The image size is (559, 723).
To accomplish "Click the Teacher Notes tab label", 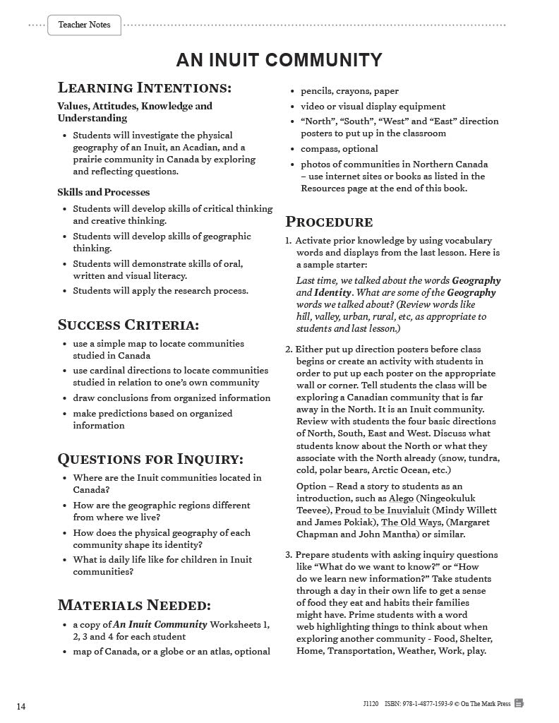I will click(x=84, y=25).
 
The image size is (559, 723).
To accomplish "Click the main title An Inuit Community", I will click(x=279, y=60).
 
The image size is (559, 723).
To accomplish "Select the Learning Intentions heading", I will click(x=144, y=88).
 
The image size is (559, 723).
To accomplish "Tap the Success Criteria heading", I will click(x=128, y=325).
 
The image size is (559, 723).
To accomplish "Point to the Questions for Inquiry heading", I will click(x=150, y=459).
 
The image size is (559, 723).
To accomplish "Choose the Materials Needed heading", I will click(x=133, y=605).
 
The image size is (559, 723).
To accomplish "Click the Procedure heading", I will click(x=328, y=222).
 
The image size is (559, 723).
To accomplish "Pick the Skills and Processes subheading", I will click(x=103, y=192).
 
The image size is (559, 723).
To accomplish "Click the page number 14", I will click(x=21, y=707).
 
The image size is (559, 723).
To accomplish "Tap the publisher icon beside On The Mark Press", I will click(x=519, y=703).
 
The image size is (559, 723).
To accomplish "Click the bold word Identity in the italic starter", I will click(x=332, y=293).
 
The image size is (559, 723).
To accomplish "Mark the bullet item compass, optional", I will click(x=339, y=149).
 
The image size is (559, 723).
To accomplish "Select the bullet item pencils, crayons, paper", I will click(x=349, y=91).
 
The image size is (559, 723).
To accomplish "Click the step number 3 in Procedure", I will click(x=289, y=555).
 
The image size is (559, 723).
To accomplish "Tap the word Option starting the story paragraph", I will click(x=311, y=486).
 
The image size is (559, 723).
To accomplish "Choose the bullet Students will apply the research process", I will click(x=160, y=291).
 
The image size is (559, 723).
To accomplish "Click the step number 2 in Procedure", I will click(x=289, y=349).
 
